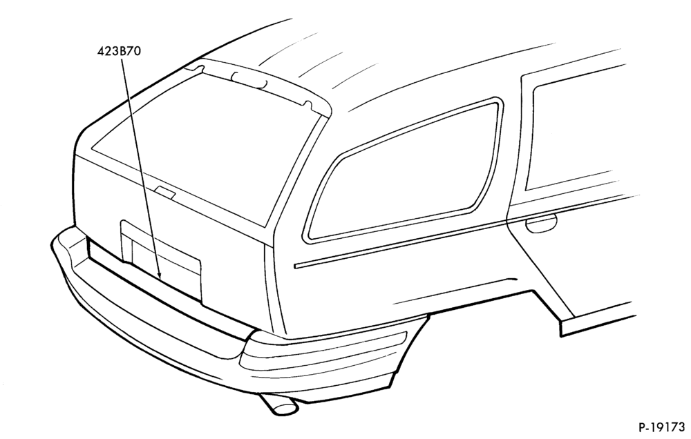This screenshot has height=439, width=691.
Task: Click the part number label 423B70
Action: click(120, 52)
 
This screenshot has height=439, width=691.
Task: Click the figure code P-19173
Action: click(661, 427)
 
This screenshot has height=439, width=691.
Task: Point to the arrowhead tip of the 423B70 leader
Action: click(160, 280)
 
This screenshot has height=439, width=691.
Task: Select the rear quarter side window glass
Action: click(406, 172)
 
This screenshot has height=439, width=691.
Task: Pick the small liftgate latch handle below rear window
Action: click(165, 192)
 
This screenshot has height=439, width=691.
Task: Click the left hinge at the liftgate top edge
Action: click(196, 69)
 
